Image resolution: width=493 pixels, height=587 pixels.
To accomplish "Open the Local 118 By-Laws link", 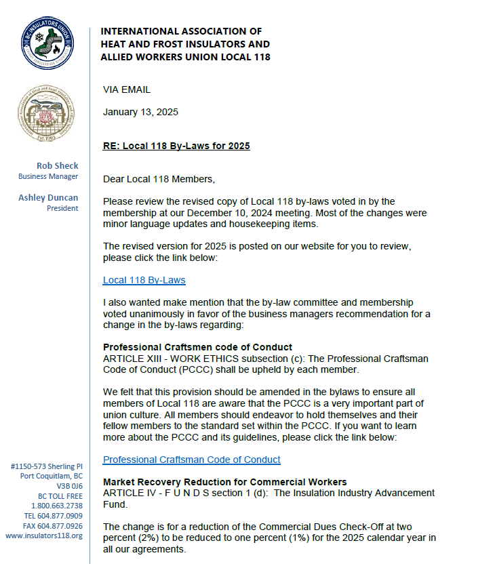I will (144, 280).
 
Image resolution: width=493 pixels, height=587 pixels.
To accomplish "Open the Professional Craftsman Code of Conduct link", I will (191, 460).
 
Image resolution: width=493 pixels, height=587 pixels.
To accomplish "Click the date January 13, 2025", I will (140, 112).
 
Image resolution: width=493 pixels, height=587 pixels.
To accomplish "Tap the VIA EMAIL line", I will (127, 89).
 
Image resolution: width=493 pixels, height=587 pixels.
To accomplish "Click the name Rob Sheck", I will (58, 165).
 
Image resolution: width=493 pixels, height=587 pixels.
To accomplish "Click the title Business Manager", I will (48, 176).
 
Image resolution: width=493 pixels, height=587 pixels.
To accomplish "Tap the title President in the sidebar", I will (62, 208).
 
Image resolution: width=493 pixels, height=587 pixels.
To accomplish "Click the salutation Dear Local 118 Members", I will (159, 179).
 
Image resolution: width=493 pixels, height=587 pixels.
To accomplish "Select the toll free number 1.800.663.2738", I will (57, 506).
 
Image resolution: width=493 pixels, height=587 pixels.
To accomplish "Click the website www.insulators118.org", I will (44, 535).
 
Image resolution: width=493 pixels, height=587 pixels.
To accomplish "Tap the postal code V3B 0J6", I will (70, 486).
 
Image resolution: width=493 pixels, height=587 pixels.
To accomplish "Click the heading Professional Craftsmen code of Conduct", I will (197, 347).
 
